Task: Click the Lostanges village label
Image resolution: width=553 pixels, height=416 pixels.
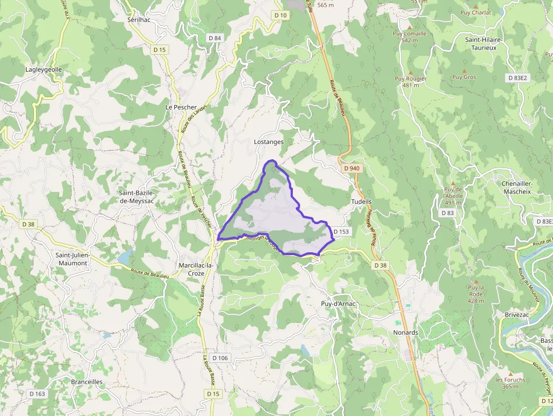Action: (x=269, y=142)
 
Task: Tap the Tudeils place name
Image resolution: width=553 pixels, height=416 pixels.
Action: (x=361, y=202)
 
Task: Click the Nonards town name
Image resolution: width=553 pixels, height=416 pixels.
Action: (x=405, y=332)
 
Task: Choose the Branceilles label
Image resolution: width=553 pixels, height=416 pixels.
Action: (x=87, y=382)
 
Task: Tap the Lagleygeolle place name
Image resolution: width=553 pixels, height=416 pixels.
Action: (x=43, y=69)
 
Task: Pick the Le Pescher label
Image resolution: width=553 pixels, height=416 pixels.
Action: (x=181, y=107)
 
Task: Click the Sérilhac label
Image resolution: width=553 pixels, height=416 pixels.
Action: (x=138, y=19)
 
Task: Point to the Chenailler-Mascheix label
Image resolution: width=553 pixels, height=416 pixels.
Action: (x=516, y=187)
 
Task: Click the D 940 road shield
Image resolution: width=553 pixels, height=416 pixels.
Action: (x=351, y=168)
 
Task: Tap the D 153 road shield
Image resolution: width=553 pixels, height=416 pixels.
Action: (x=341, y=231)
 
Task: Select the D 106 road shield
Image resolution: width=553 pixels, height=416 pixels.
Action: (x=219, y=358)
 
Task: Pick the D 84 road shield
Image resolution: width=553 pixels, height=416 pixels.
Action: (x=214, y=38)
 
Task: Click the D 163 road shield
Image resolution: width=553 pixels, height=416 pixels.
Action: (x=37, y=393)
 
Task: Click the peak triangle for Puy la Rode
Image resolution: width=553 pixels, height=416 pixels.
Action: (x=476, y=281)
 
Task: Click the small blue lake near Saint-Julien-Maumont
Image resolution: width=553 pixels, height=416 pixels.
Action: (x=124, y=257)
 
